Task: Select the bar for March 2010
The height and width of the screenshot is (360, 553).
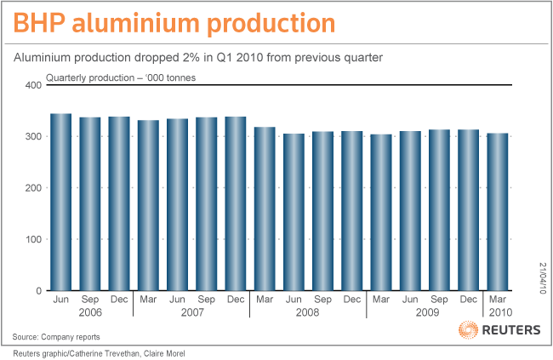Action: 497,212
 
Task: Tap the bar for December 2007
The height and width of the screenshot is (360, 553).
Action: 236,203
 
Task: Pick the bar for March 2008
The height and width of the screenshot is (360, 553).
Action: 265,209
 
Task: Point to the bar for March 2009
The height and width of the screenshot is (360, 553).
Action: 380,212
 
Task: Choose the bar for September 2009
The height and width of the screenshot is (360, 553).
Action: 439,210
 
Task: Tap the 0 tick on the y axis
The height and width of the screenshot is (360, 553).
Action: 38,291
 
